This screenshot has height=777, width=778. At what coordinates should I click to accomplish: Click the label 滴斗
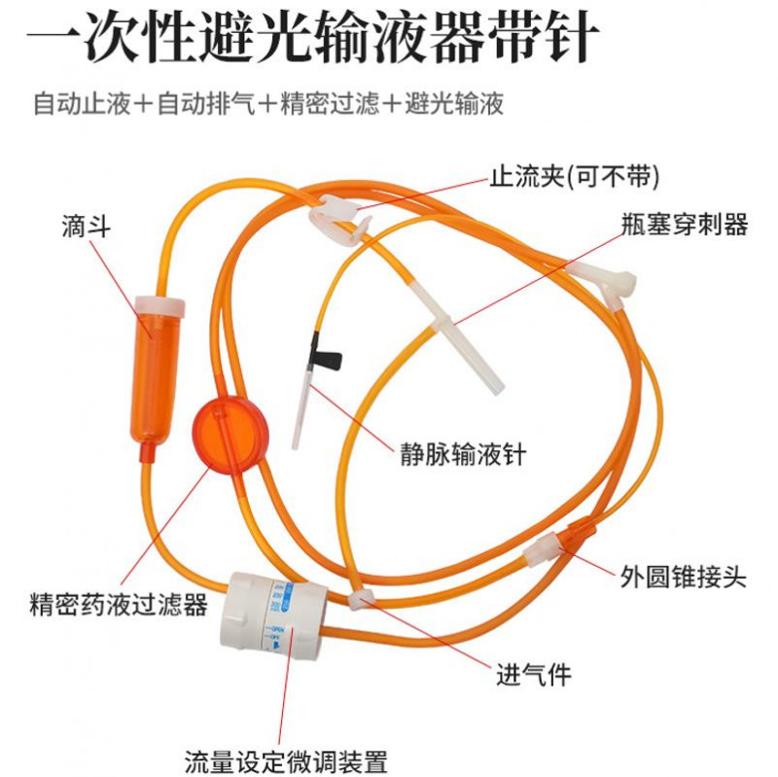pyautogui.click(x=86, y=227)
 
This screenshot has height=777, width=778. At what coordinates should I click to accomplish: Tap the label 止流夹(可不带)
pyautogui.click(x=575, y=177)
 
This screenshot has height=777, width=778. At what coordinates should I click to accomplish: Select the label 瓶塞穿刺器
pyautogui.click(x=685, y=225)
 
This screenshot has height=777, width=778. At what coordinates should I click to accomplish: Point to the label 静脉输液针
pyautogui.click(x=463, y=454)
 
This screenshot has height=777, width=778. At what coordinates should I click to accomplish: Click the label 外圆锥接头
pyautogui.click(x=684, y=577)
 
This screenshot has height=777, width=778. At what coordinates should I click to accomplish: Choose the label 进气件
pyautogui.click(x=534, y=675)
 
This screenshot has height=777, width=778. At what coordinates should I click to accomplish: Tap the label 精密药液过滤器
pyautogui.click(x=119, y=604)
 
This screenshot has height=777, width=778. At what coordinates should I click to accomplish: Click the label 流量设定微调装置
pyautogui.click(x=286, y=761)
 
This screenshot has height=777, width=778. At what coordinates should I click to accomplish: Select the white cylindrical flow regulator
pyautogui.click(x=274, y=617)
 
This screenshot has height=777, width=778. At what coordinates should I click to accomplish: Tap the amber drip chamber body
pyautogui.click(x=155, y=377)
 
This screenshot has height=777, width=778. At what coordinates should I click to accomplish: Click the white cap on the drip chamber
pyautogui.click(x=160, y=306)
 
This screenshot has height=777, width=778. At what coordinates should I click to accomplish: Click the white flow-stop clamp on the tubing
pyautogui.click(x=338, y=216)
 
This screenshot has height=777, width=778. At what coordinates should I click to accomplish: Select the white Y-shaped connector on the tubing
pyautogui.click(x=606, y=284)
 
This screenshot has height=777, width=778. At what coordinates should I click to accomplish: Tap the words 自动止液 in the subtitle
pyautogui.click(x=82, y=104)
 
